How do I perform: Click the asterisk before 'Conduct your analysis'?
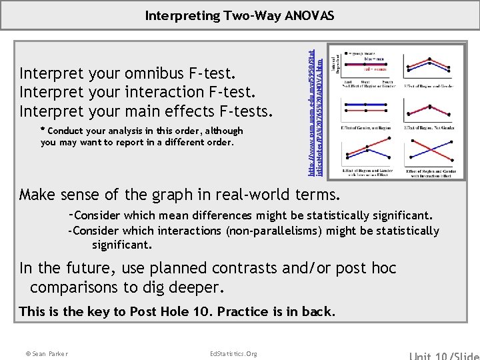43,131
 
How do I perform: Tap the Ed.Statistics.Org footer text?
233,353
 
